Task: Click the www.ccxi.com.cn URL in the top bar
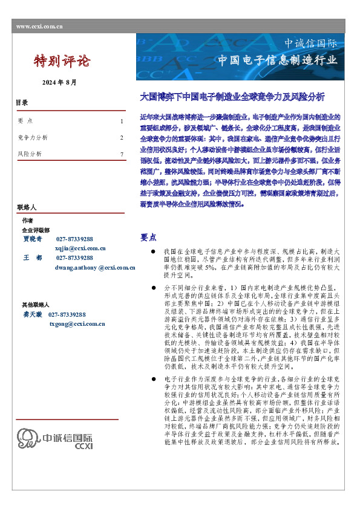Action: point(40,27)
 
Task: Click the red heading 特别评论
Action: point(62,60)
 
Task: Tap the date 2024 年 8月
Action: point(59,82)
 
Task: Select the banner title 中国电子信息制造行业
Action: point(277,60)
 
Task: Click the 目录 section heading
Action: point(21,103)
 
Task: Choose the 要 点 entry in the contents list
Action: point(26,122)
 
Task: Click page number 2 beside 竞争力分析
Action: point(122,138)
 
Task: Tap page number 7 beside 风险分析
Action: point(122,154)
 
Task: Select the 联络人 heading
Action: point(27,207)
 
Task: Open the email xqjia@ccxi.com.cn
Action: point(80,248)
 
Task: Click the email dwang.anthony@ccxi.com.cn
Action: point(95,267)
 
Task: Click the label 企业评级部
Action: point(36,230)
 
